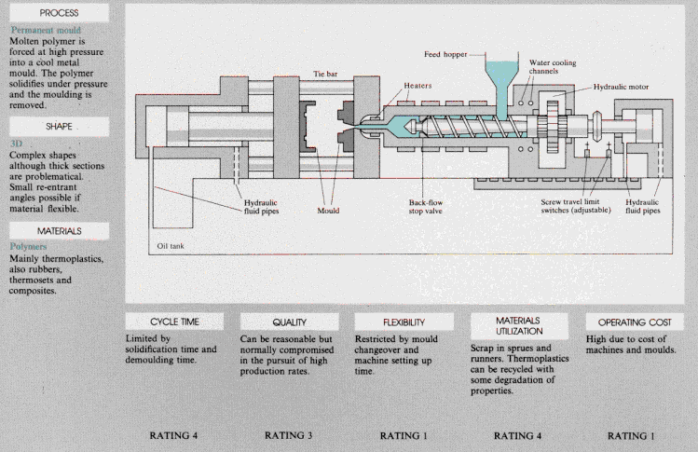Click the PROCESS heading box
pos(60,13)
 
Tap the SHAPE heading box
pos(60,127)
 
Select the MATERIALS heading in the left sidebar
pos(60,231)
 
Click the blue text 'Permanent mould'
pos(46,30)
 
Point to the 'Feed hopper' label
pos(445,54)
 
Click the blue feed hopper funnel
pos(501,85)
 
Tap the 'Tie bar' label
pos(325,74)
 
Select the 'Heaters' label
pos(417,86)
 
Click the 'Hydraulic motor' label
pos(621,87)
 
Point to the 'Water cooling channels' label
pos(553,67)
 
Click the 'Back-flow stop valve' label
pos(426,207)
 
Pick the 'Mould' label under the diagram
pos(328,211)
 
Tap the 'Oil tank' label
pos(170,246)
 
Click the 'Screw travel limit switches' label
pos(576,206)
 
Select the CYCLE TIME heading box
pos(174,322)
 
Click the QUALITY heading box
pos(289,322)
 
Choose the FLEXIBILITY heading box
pos(404,322)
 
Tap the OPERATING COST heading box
pos(635,322)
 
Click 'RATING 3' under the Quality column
pos(289,435)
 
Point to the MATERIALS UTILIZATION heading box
pos(519,326)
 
